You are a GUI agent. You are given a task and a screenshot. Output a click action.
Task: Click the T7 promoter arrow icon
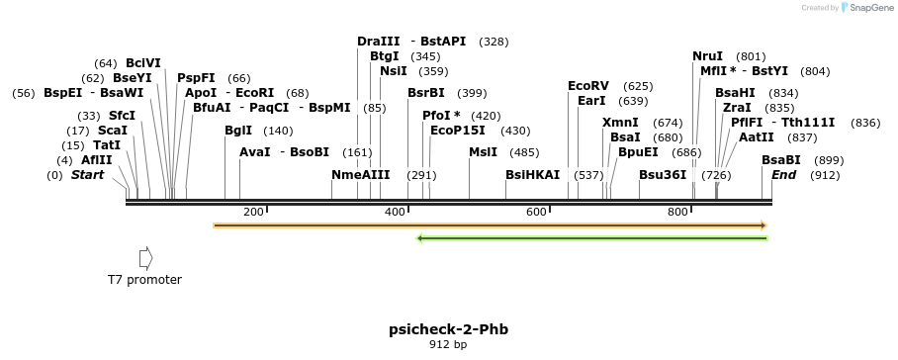click(145, 258)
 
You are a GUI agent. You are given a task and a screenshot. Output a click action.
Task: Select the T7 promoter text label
click(144, 280)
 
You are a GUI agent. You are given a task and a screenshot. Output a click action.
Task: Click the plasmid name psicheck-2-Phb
click(448, 329)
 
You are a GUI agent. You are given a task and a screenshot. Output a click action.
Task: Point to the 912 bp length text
click(448, 345)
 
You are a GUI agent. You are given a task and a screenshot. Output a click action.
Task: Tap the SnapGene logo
click(865, 8)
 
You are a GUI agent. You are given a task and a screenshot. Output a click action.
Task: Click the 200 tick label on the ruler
click(253, 213)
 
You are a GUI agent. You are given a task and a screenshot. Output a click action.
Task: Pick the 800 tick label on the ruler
click(678, 213)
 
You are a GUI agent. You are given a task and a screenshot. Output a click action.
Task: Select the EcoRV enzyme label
click(588, 86)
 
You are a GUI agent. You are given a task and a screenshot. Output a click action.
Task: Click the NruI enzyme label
click(707, 56)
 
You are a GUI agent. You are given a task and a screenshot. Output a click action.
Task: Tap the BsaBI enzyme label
click(780, 160)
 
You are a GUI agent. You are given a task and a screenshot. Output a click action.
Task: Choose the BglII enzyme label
click(238, 131)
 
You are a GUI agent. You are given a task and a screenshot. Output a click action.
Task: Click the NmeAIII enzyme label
click(360, 175)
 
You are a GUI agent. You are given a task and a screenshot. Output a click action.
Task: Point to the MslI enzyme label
click(484, 152)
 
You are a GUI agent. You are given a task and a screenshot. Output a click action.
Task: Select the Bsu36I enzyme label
click(663, 175)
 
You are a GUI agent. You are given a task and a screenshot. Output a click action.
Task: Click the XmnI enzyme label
click(620, 123)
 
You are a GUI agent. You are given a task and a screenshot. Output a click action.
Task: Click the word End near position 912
click(784, 175)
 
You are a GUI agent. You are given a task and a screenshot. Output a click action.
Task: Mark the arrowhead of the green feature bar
click(421, 237)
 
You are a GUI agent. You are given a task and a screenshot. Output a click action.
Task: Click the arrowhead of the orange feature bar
click(763, 225)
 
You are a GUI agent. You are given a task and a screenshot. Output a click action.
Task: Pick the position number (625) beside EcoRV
click(638, 86)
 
